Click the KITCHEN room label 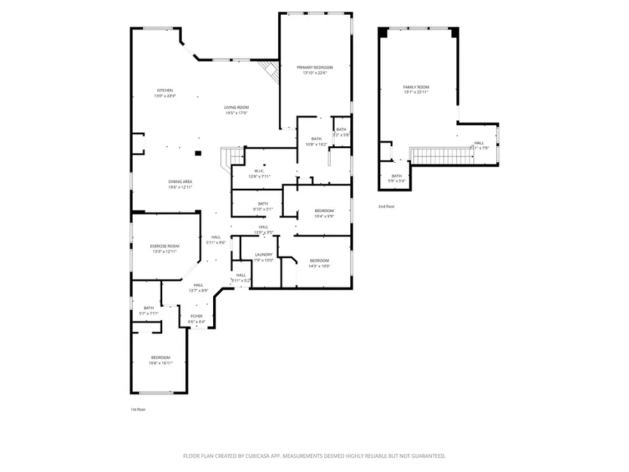tap(165, 90)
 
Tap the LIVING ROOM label tap(236, 107)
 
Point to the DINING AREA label tap(180, 182)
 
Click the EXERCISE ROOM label tap(165, 246)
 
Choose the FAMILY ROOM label tap(416, 87)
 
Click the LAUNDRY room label tap(263, 255)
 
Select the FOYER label tap(196, 316)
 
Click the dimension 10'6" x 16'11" tap(160, 363)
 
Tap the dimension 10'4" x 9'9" tap(324, 216)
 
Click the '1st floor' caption tap(138, 409)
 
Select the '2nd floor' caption tap(386, 206)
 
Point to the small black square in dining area tap(198, 152)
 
